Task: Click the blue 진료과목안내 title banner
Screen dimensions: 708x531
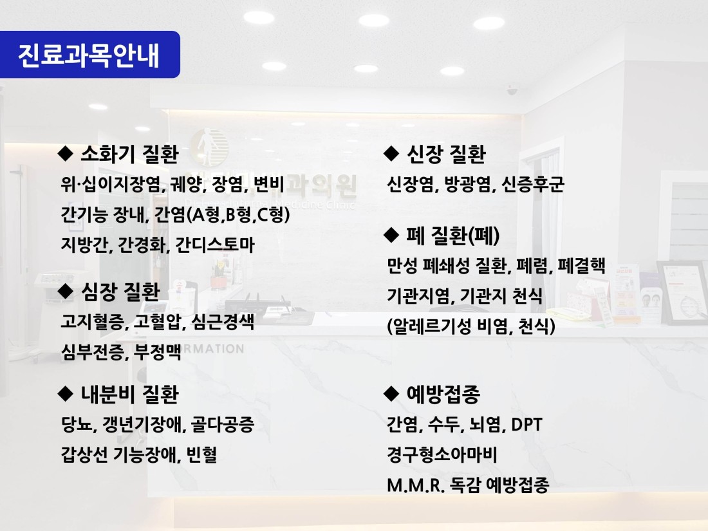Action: (90, 55)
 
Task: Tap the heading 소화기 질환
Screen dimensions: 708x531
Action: (129, 154)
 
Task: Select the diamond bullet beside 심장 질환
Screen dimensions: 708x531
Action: (66, 291)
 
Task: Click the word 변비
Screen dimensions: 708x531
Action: (268, 184)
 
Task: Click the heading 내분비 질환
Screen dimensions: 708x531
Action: (129, 394)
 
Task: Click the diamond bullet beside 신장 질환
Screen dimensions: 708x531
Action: (391, 154)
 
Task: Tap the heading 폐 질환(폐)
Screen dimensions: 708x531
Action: (453, 235)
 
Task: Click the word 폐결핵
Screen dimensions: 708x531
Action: (582, 265)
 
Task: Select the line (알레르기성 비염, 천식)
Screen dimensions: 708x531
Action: (471, 326)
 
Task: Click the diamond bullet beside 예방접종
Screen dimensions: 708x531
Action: (391, 394)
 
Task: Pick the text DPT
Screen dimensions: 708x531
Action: (526, 424)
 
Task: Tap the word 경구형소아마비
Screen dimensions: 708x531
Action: (442, 454)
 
